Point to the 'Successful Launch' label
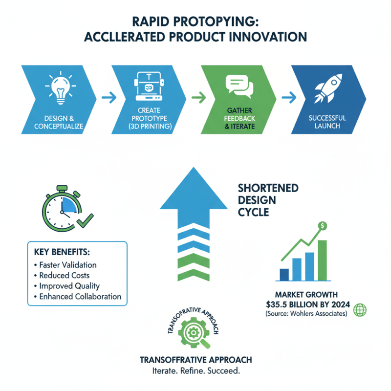click(x=327, y=122)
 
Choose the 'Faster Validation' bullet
click(x=65, y=265)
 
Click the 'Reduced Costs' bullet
click(x=63, y=276)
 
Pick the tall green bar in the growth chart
click(x=322, y=261)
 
